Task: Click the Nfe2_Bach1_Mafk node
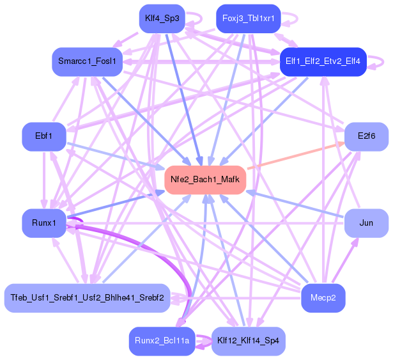click(205, 180)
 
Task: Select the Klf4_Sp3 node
click(162, 19)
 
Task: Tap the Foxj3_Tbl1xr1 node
click(249, 19)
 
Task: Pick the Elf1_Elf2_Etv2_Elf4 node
click(323, 61)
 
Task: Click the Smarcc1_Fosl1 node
click(87, 61)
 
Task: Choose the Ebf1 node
click(43, 136)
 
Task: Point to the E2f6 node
click(366, 136)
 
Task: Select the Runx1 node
click(43, 223)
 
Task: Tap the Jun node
click(366, 223)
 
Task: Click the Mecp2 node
click(323, 298)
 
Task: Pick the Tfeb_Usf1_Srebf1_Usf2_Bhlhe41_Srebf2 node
click(87, 298)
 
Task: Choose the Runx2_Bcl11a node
click(162, 341)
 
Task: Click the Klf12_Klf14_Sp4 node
click(248, 341)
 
